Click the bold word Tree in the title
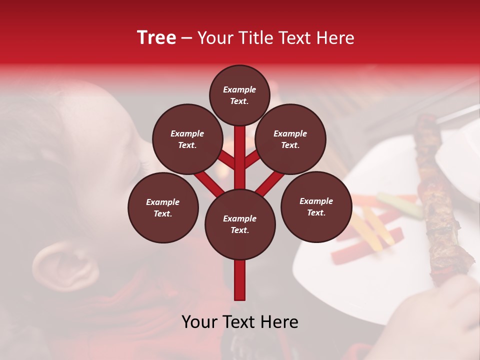(x=156, y=38)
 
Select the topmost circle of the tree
(x=239, y=95)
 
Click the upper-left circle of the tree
(x=187, y=139)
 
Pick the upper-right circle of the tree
(x=290, y=139)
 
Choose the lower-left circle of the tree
(x=163, y=207)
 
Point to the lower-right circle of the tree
(x=316, y=206)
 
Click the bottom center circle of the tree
(x=239, y=224)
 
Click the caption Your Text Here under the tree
(x=240, y=322)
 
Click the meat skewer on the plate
(x=440, y=200)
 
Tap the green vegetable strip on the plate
(x=400, y=205)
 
